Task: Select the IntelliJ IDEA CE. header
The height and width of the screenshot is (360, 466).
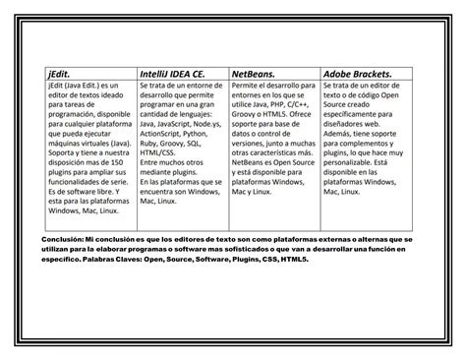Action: [x=172, y=73]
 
